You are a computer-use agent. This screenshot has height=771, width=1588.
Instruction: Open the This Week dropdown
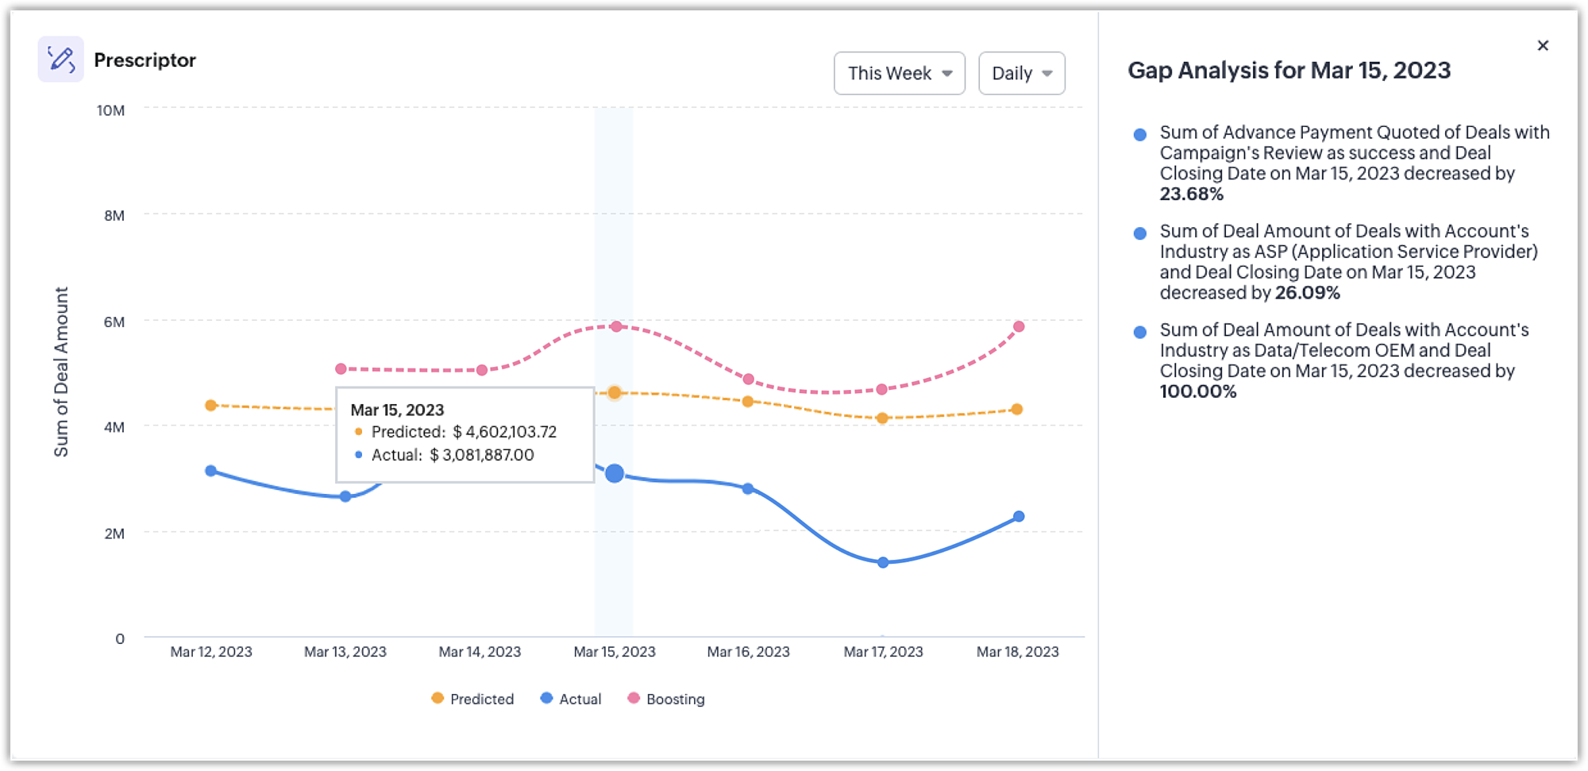pyautogui.click(x=899, y=73)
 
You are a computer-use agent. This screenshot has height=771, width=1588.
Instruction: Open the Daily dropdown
pyautogui.click(x=1021, y=73)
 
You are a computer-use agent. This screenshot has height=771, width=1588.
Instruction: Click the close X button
pyautogui.click(x=1542, y=45)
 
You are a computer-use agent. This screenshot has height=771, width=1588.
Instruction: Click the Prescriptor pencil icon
pyautogui.click(x=60, y=59)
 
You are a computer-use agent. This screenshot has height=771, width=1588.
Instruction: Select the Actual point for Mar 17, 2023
pyautogui.click(x=883, y=562)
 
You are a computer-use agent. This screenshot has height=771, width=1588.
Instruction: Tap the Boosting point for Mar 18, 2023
pyautogui.click(x=1019, y=326)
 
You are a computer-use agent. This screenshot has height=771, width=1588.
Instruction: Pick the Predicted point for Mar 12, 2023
pyautogui.click(x=210, y=405)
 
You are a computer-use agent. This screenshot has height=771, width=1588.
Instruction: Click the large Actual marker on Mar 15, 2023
pyautogui.click(x=614, y=473)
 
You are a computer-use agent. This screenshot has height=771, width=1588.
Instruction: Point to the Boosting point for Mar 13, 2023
pyautogui.click(x=341, y=368)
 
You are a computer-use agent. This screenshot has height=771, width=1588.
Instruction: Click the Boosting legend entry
pyautogui.click(x=666, y=699)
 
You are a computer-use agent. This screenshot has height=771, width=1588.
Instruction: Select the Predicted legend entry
pyautogui.click(x=473, y=699)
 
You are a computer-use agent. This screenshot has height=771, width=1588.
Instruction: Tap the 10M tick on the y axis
pyautogui.click(x=110, y=110)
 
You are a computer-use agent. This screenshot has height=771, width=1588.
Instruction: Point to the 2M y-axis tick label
pyautogui.click(x=114, y=534)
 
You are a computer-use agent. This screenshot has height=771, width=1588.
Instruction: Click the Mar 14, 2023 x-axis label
pyautogui.click(x=480, y=652)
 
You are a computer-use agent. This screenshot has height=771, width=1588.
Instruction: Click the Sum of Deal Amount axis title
pyautogui.click(x=61, y=372)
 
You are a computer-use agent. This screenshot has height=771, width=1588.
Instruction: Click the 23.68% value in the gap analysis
pyautogui.click(x=1191, y=195)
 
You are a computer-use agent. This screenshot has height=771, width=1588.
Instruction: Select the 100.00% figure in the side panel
pyautogui.click(x=1197, y=391)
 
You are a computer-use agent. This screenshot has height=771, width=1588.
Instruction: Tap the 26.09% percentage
pyautogui.click(x=1307, y=293)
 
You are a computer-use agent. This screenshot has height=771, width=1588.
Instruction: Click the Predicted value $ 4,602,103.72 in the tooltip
pyautogui.click(x=504, y=432)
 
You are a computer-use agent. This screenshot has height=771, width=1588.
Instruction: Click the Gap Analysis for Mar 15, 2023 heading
pyautogui.click(x=1289, y=71)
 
